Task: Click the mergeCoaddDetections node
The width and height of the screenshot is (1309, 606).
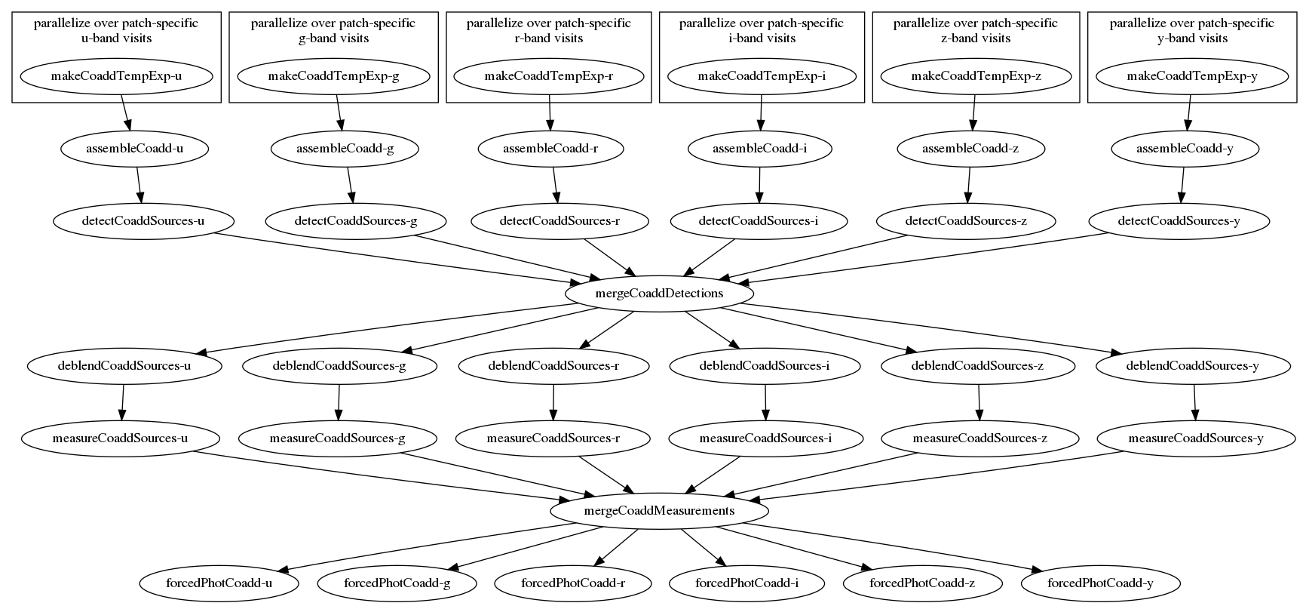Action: point(659,294)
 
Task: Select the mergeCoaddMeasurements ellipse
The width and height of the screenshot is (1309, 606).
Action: point(659,511)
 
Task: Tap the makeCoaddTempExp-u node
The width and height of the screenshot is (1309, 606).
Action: point(116,76)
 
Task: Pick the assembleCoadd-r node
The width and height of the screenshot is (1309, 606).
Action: point(550,149)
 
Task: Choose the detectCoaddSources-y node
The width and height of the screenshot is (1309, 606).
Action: point(1179,221)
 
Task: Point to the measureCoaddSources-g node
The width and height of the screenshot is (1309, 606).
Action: point(338,438)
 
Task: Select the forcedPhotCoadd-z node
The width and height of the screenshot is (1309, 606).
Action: point(922,583)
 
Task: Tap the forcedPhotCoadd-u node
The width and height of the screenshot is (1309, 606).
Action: point(219,583)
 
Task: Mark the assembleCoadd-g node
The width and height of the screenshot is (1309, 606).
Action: point(345,149)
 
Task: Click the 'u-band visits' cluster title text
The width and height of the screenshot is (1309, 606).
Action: point(116,38)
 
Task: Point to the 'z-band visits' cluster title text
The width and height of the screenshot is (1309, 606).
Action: point(976,38)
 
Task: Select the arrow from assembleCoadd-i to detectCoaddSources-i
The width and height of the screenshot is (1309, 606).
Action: point(759,185)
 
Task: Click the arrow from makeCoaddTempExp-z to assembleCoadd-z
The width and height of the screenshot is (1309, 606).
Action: point(973,112)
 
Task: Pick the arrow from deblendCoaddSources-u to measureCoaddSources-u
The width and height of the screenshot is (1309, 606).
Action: point(122,402)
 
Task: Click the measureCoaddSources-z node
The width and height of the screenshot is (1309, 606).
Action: point(980,438)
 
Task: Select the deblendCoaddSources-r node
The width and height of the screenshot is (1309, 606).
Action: point(554,366)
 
